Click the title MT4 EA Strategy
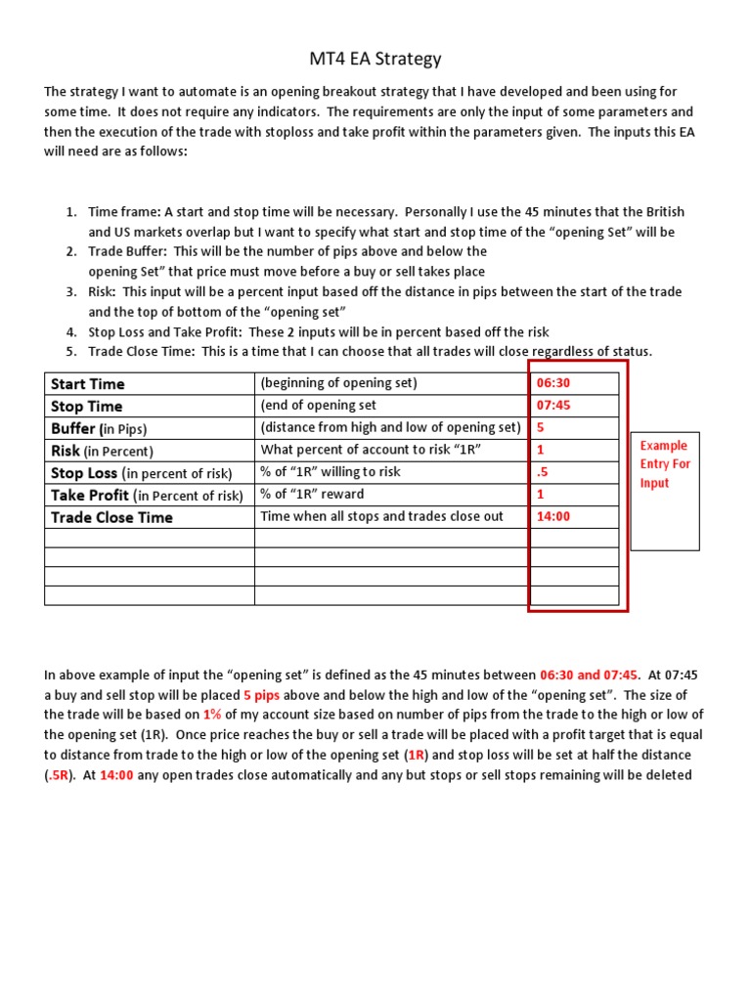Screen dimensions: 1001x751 click(x=375, y=59)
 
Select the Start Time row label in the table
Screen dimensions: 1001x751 click(x=87, y=384)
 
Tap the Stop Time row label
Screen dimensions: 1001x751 click(x=86, y=407)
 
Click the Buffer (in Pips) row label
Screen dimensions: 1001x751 click(x=98, y=429)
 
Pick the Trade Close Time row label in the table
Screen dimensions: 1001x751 click(x=111, y=518)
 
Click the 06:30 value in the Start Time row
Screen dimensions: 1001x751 click(x=552, y=383)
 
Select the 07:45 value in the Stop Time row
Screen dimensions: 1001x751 click(x=552, y=406)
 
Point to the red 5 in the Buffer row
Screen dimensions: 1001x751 click(x=540, y=428)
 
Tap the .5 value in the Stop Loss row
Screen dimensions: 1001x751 click(x=542, y=472)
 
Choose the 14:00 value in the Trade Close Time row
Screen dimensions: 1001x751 click(x=552, y=517)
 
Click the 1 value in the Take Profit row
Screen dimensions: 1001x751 click(x=540, y=495)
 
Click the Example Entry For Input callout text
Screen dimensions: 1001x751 click(x=665, y=464)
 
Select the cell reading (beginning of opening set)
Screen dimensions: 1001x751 click(x=338, y=383)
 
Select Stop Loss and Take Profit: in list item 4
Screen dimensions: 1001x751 click(x=167, y=332)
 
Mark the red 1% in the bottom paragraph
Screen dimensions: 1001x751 click(x=213, y=715)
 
